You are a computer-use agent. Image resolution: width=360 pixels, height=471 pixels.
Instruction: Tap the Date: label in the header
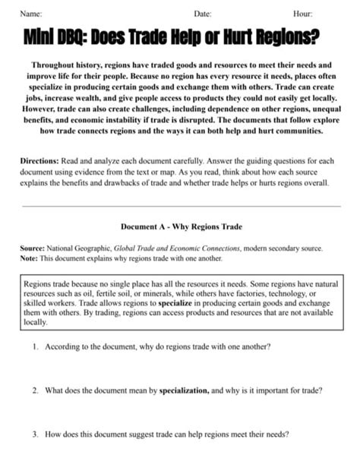pos(202,14)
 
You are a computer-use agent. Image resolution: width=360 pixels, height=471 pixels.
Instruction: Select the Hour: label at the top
pos(302,14)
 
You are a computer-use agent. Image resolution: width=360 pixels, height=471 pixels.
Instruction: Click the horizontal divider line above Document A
pos(180,206)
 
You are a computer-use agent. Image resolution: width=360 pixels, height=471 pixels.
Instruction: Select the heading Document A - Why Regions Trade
pos(179,226)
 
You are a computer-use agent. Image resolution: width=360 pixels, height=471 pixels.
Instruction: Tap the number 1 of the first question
pos(35,346)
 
